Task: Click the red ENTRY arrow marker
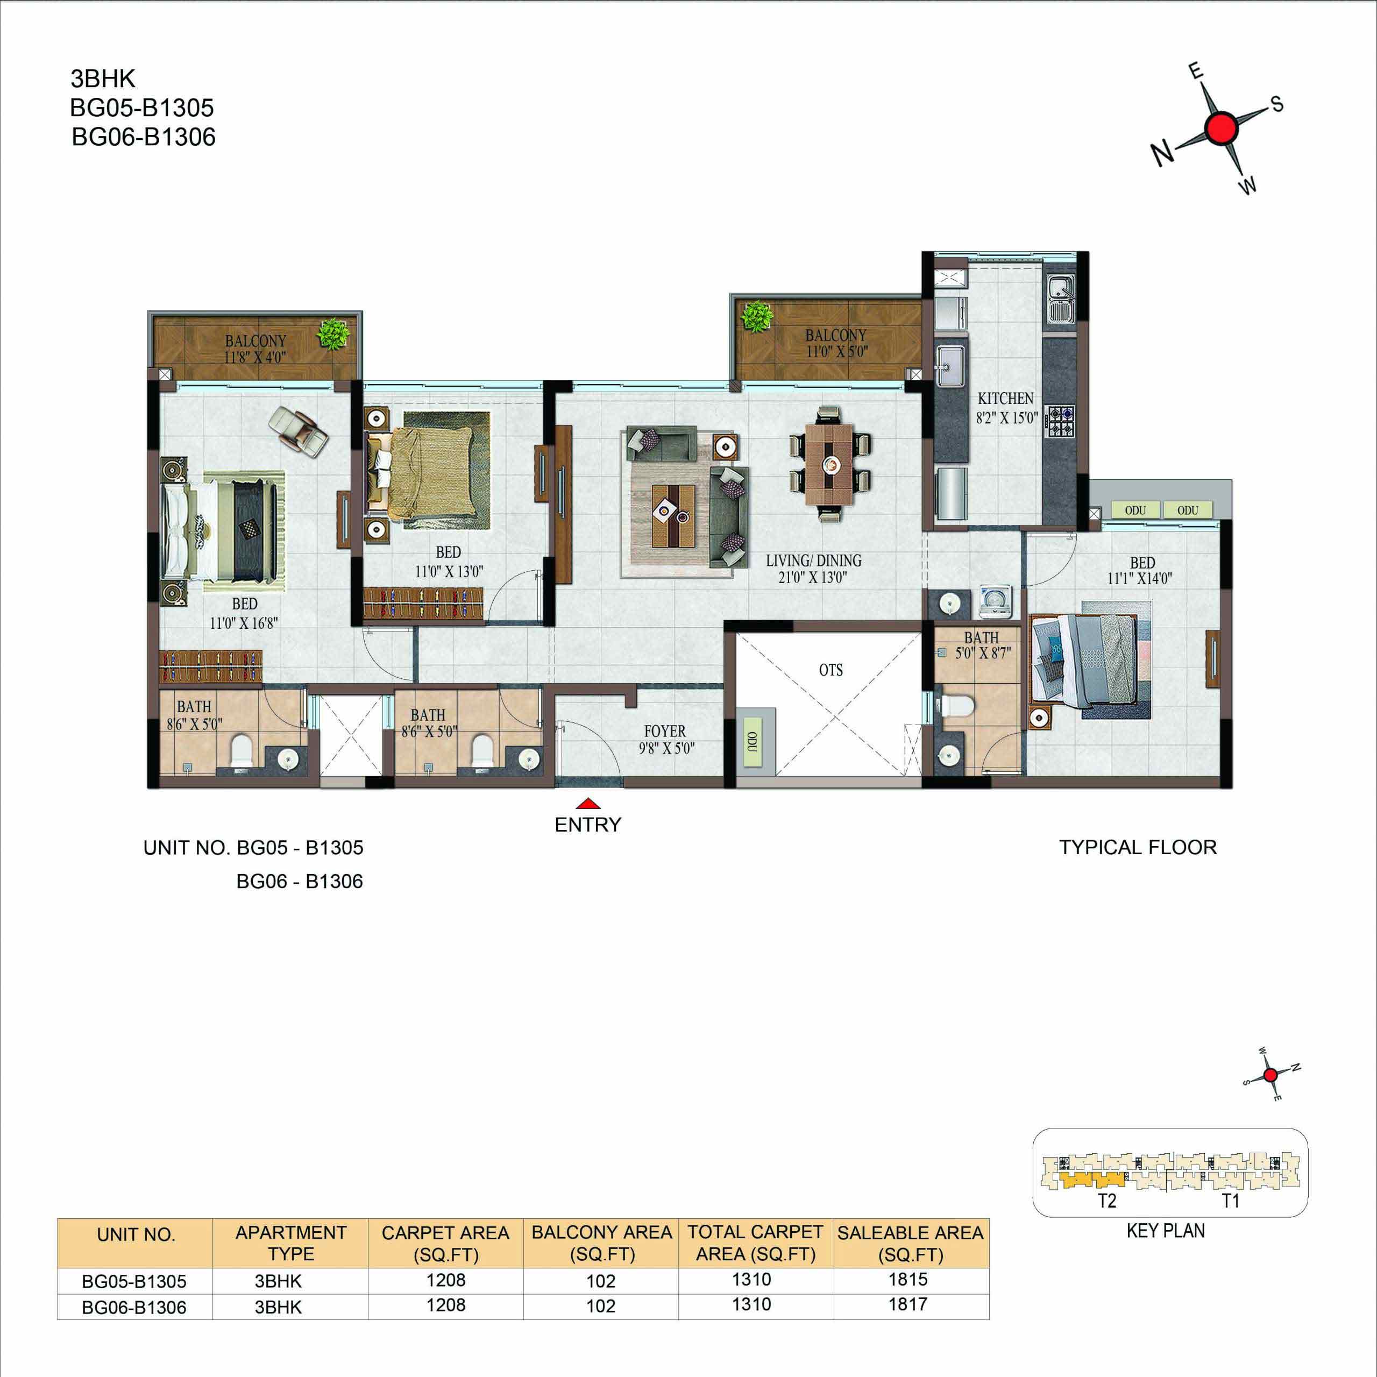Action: (x=587, y=803)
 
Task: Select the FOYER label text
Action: (x=665, y=732)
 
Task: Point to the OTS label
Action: (x=831, y=670)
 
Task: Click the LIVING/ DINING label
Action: (x=813, y=561)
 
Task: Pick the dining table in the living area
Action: (x=829, y=464)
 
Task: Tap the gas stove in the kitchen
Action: (x=1059, y=422)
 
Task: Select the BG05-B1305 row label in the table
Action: (x=134, y=1281)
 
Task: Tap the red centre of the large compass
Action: (x=1222, y=129)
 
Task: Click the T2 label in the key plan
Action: (x=1107, y=1201)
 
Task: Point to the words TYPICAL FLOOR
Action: (x=1138, y=847)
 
